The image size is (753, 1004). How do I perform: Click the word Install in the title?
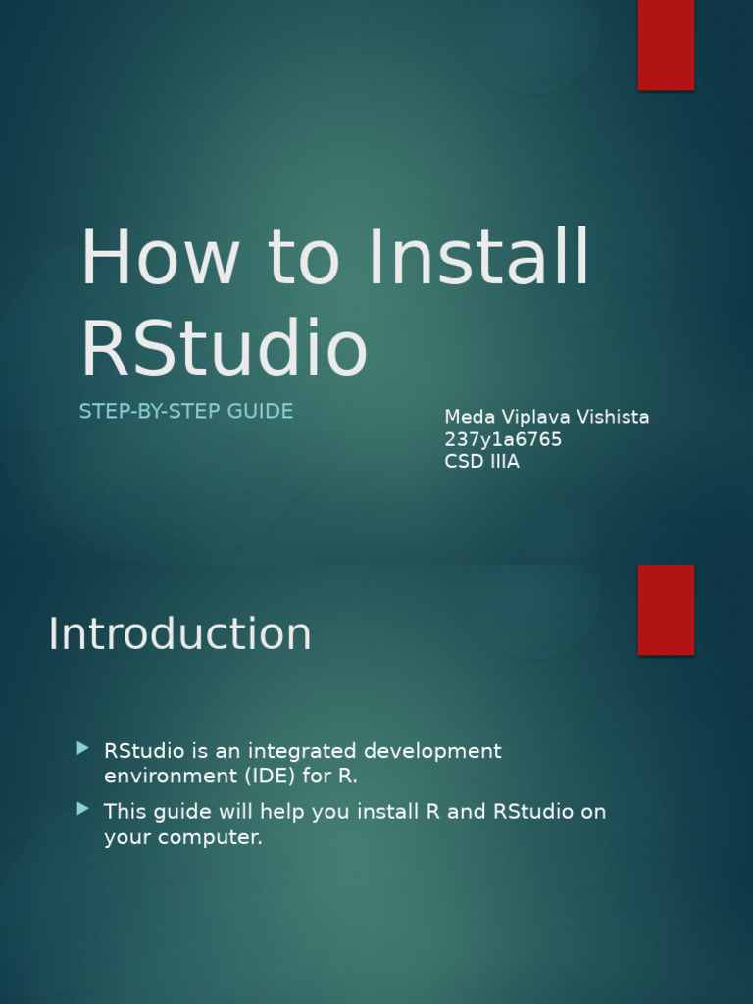[x=479, y=258]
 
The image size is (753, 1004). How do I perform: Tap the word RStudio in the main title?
[x=224, y=348]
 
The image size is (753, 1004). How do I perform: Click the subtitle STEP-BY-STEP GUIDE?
[x=186, y=411]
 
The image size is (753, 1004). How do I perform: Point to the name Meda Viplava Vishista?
[x=546, y=417]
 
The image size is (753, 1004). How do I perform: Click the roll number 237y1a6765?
[x=503, y=439]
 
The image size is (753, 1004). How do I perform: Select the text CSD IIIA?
[x=481, y=462]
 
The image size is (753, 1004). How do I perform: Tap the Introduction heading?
[x=179, y=634]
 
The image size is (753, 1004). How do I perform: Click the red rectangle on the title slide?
[x=666, y=45]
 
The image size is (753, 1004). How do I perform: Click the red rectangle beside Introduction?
[x=666, y=609]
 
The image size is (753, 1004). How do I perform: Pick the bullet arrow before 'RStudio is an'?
[x=82, y=749]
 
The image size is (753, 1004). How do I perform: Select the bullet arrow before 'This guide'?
[x=82, y=809]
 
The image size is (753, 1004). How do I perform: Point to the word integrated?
[x=302, y=752]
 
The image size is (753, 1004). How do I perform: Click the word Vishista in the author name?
[x=613, y=417]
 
